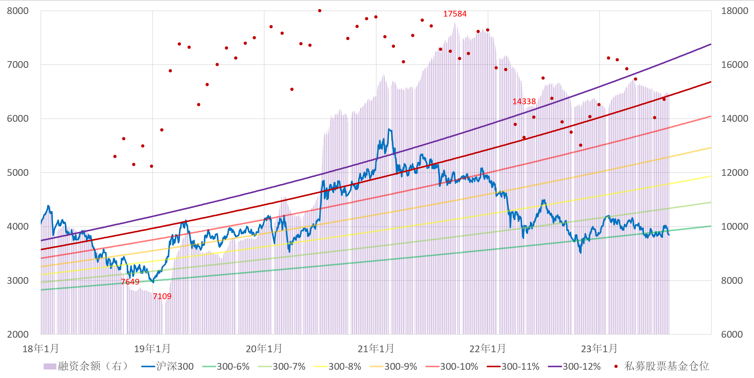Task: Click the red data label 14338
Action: point(524,101)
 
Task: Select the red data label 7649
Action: point(130,282)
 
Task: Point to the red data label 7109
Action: point(162,296)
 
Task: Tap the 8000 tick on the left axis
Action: point(18,11)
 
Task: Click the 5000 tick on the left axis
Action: point(18,173)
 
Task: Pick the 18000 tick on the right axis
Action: point(734,11)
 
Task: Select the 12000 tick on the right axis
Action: point(734,173)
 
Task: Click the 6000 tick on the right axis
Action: point(732,334)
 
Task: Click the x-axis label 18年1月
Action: point(41,349)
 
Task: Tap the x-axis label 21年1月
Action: point(376,349)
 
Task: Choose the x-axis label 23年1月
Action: point(599,349)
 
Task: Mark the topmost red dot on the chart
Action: point(320,11)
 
